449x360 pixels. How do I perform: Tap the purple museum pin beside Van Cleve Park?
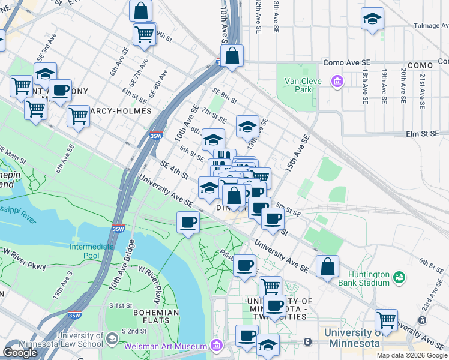pyautogui.click(x=337, y=81)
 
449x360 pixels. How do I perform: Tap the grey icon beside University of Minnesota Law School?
pyautogui.click(x=112, y=340)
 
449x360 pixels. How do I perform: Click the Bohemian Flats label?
pyautogui.click(x=156, y=316)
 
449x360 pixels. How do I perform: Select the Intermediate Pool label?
pyautogui.click(x=92, y=251)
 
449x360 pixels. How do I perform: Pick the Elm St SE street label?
pyautogui.click(x=426, y=134)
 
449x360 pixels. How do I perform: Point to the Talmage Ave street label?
pyautogui.click(x=431, y=26)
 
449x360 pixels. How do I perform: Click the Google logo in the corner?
pyautogui.click(x=20, y=352)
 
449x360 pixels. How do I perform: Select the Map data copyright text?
pyautogui.click(x=412, y=355)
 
